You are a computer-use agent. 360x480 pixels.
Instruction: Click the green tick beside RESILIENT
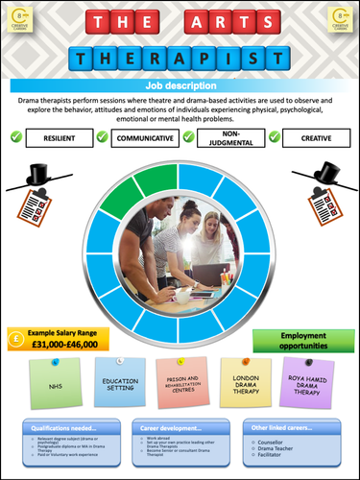pos(15,137)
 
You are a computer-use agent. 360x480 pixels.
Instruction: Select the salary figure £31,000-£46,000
pos(66,343)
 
